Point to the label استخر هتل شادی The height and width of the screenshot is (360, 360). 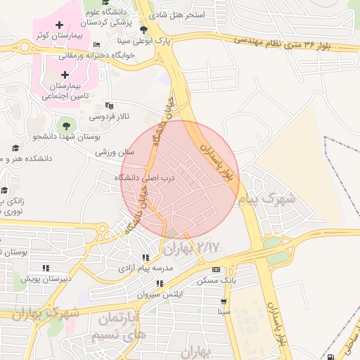[x=179, y=15]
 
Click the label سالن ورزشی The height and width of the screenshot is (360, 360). [x=115, y=152]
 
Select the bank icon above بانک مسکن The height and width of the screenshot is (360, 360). [x=215, y=269]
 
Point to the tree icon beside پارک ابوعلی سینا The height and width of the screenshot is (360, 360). [x=144, y=30]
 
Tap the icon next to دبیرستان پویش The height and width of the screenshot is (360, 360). [x=46, y=268]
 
